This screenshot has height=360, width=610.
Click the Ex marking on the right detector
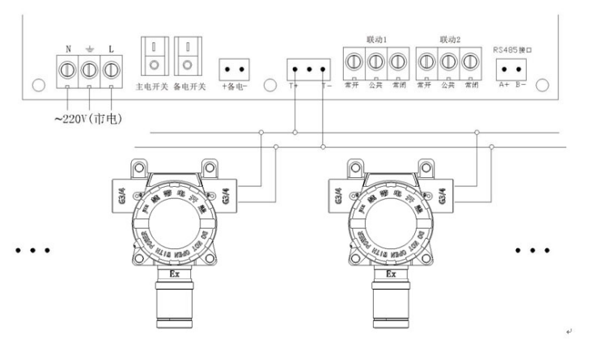point(391,273)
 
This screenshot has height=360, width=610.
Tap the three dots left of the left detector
point(32,250)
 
